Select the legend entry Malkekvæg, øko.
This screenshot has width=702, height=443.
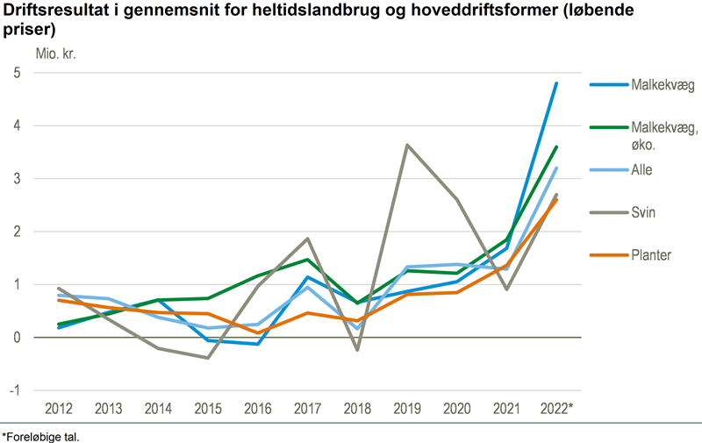(x=664, y=137)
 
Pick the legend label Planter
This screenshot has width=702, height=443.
(x=651, y=255)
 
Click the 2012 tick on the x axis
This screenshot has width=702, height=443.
(x=58, y=410)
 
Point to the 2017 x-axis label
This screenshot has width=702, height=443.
(x=307, y=410)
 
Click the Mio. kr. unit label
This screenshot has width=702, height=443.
(x=56, y=52)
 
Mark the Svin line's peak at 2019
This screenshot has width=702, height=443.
(x=406, y=145)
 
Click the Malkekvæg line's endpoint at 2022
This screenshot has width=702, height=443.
(x=556, y=83)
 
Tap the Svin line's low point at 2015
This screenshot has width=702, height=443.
(x=208, y=358)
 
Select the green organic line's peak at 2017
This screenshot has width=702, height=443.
(x=307, y=259)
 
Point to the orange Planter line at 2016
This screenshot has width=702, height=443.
(x=258, y=332)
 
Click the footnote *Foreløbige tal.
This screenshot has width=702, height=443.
(x=40, y=435)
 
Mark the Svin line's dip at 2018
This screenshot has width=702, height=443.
(x=357, y=350)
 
